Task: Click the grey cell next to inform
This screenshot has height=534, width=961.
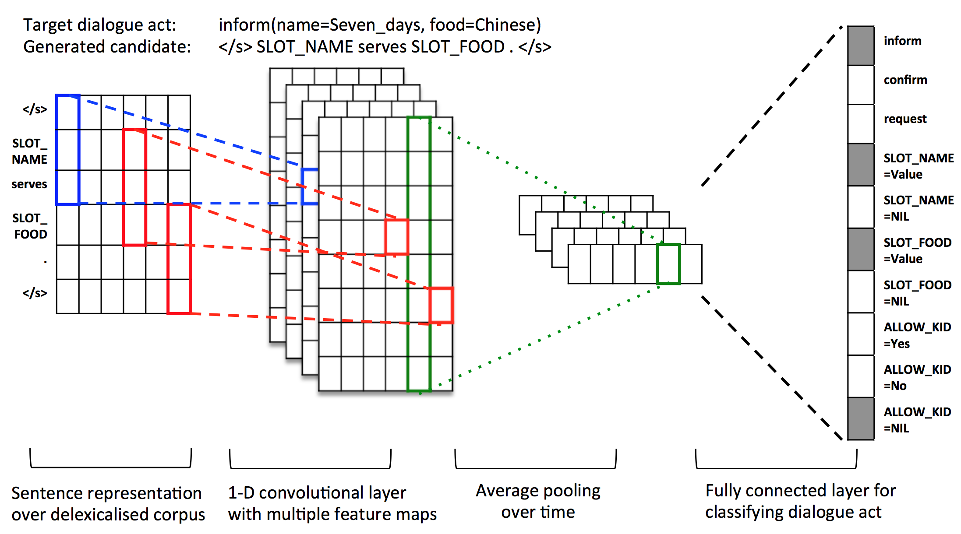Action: [x=861, y=46]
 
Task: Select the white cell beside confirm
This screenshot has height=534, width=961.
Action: [x=861, y=84]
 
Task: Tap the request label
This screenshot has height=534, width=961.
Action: [x=905, y=119]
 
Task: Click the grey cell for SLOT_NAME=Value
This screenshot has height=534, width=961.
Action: [x=861, y=165]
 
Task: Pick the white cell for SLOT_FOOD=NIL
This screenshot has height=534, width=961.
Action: [x=861, y=292]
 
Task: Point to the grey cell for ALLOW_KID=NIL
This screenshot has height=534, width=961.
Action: [x=861, y=419]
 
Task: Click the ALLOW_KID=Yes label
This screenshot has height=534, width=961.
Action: [x=917, y=335]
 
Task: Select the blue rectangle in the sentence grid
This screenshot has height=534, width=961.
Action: [x=68, y=150]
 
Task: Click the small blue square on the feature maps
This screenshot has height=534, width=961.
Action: [x=310, y=186]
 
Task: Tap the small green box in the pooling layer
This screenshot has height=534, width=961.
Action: [x=668, y=264]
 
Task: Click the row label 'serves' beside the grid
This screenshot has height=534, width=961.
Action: [x=29, y=184]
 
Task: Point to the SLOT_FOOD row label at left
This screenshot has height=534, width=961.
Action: [x=30, y=226]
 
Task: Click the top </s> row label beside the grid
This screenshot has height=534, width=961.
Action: [x=35, y=109]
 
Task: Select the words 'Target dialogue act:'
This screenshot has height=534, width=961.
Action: [x=99, y=25]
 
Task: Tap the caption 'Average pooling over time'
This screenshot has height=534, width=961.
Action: [x=538, y=501]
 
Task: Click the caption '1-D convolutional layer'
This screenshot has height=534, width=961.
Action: [x=317, y=493]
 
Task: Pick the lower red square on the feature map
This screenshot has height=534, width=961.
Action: [x=441, y=306]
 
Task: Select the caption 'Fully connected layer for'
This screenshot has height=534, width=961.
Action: [x=800, y=491]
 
